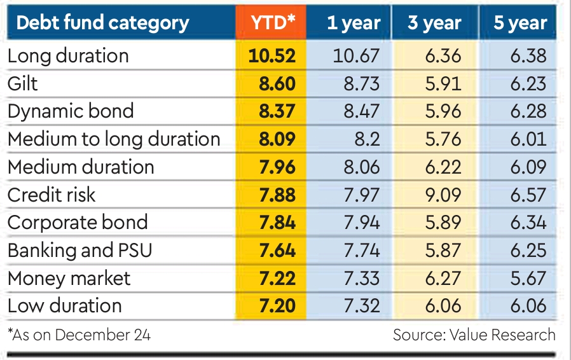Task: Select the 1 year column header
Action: coord(354,24)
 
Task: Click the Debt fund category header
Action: coord(102,24)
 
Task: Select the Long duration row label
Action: coord(68,56)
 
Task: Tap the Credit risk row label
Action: coord(52,195)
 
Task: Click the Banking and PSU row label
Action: coord(80,250)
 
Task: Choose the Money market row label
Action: coord(69,278)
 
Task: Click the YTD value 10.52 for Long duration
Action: coord(272,56)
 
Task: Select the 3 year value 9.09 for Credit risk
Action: coord(443,195)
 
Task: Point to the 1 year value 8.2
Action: coord(365,139)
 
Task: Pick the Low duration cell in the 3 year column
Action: coord(443,306)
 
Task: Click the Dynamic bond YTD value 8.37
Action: coord(277,111)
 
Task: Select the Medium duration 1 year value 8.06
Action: coord(361,167)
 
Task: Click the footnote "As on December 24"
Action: coord(79,335)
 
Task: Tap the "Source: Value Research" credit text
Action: coord(474,335)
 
